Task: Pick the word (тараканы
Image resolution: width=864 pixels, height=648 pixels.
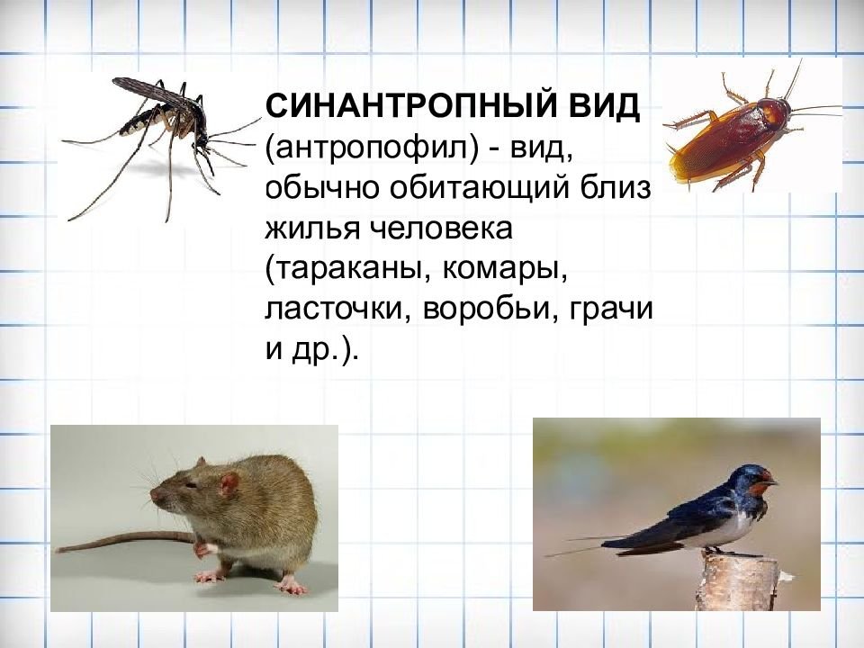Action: coord(347,271)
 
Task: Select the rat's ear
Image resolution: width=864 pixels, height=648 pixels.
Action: coord(229,484)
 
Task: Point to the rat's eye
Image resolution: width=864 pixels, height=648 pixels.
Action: coord(190,485)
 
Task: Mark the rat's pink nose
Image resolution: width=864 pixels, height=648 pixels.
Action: coord(155,494)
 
